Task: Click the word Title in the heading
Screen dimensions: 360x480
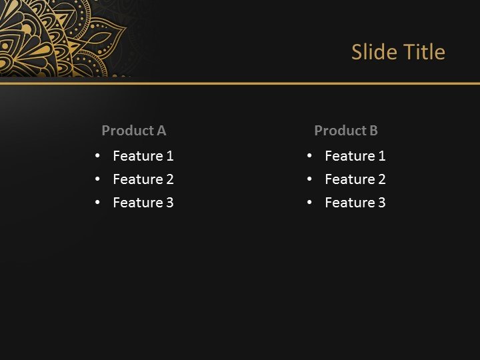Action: pos(422,52)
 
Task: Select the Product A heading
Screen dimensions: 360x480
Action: pos(133,131)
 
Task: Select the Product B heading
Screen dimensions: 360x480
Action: pos(345,131)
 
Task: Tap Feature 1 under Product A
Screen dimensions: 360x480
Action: pos(143,156)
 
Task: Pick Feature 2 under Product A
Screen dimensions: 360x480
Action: pos(143,179)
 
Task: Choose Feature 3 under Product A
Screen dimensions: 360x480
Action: pos(143,203)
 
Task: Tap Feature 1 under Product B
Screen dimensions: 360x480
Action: pos(355,156)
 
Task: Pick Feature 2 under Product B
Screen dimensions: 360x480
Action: pos(355,179)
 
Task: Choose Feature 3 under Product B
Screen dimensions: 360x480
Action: pos(355,203)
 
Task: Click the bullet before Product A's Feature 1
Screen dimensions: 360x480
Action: pos(97,156)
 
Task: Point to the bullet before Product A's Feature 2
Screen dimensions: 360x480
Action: pos(97,179)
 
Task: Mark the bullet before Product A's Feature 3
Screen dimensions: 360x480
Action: pos(97,203)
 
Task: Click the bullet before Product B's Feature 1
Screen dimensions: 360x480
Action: pos(309,156)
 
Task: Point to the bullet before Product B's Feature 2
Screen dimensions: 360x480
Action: pos(309,179)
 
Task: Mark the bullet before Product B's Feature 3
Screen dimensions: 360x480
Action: pos(309,203)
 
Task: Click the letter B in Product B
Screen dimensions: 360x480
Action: pos(373,131)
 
